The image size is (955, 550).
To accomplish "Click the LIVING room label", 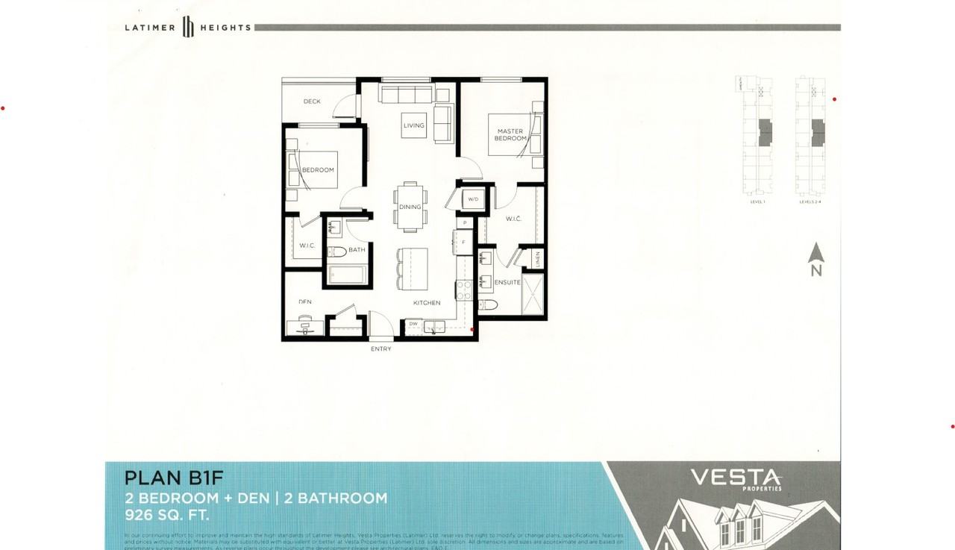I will click(x=413, y=125).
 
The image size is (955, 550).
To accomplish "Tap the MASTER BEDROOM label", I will click(x=510, y=135).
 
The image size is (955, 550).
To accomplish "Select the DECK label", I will click(x=312, y=101).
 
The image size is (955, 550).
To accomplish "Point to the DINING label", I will click(x=410, y=207).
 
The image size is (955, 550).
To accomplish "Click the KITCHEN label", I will click(x=428, y=303).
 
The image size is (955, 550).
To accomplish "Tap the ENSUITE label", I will click(x=507, y=282).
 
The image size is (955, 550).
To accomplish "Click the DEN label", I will click(x=305, y=302).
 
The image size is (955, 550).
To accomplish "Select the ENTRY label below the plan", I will click(x=381, y=349).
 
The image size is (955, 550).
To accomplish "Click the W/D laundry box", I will click(x=473, y=200).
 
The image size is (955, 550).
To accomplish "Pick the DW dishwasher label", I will click(x=413, y=324).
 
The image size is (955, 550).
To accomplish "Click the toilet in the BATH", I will click(x=336, y=251).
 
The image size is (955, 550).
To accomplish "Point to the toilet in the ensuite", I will click(x=488, y=304).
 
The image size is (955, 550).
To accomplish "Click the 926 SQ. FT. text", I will click(x=166, y=515).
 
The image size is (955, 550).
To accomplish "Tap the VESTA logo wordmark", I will click(x=735, y=477).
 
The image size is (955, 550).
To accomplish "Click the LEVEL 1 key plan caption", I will click(x=758, y=201).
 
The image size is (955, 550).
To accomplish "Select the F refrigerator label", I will click(x=464, y=242).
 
